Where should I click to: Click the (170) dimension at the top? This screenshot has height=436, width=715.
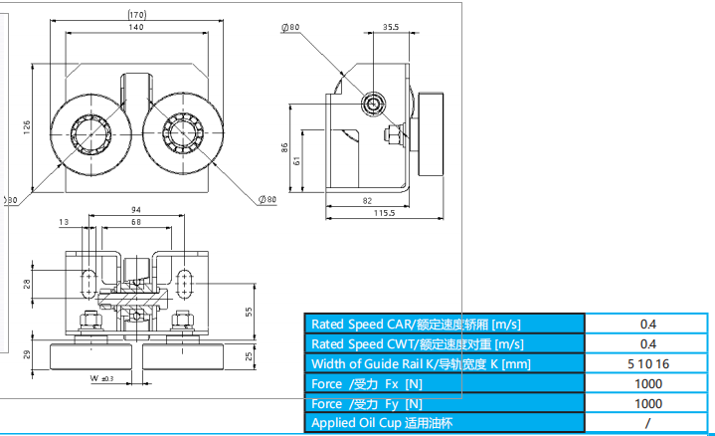point(137,14)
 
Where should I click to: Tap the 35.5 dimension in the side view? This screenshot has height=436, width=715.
point(391,29)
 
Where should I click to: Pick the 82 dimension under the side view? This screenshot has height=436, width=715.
point(367,200)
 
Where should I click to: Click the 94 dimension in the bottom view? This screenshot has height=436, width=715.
point(135,210)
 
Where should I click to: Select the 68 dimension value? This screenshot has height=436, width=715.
point(135,221)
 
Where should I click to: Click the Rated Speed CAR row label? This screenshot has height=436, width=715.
point(416,324)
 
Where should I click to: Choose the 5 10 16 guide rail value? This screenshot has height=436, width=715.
point(648,363)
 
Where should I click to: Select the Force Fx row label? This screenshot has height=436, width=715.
point(367,383)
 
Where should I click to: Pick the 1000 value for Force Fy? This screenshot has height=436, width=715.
point(648,403)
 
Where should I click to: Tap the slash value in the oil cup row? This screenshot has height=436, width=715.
point(648,423)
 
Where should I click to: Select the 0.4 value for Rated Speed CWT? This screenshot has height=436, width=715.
point(648,343)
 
